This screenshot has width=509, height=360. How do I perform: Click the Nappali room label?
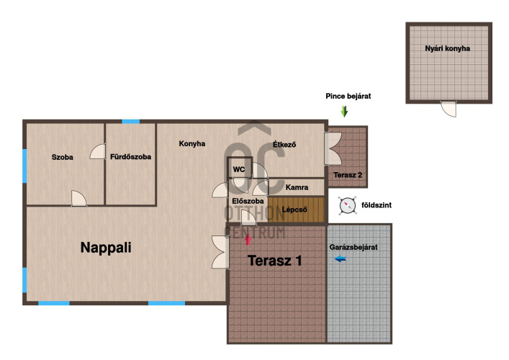[x=106, y=248]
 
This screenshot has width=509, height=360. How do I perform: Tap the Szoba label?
[x=63, y=157]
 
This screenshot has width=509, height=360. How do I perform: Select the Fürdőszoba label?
[x=130, y=157]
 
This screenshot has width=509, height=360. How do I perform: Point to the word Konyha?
[x=192, y=143]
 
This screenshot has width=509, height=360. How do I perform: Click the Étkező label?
[x=284, y=144]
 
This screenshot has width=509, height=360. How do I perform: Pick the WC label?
[x=239, y=169]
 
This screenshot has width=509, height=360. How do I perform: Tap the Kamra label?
[x=297, y=187]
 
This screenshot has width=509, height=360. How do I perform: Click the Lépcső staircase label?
[x=294, y=210]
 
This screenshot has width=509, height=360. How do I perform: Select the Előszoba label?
[x=248, y=202]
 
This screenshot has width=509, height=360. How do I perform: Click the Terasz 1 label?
[x=274, y=261]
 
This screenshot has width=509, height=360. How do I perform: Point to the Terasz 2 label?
[x=348, y=175]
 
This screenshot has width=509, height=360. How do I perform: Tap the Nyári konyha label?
[x=447, y=48]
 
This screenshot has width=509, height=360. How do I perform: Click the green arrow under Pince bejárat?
[x=344, y=112]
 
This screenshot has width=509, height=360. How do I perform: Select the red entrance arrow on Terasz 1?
[x=248, y=240]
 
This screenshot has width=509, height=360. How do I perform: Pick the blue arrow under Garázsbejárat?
[x=341, y=258]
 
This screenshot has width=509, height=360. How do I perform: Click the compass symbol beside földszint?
[x=347, y=205]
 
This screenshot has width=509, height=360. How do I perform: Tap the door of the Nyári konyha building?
[x=449, y=109]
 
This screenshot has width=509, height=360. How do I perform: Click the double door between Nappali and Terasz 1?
[x=221, y=252]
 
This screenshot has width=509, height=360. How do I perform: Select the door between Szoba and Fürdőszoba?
[x=98, y=151]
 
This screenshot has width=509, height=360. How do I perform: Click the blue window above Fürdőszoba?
[x=131, y=122]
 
